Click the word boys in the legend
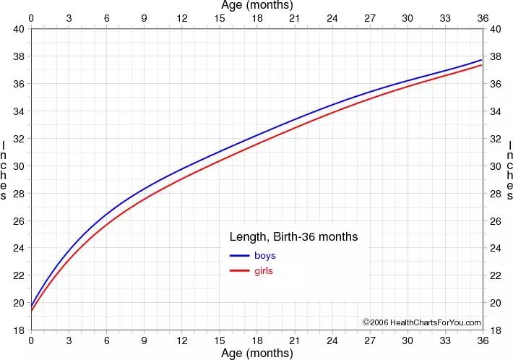pos(264,256)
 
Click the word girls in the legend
pos(264,271)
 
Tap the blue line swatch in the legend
pos(238,256)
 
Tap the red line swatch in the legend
pos(238,271)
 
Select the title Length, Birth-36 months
pos(293,236)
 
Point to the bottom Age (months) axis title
pos(256,353)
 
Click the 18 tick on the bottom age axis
pos(256,340)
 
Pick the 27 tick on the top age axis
pos(369,18)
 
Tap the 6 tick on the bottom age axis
pos(106,340)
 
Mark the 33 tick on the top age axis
pos(444,18)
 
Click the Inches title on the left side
pos(6,171)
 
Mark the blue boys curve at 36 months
pos(482,60)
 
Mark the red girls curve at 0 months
pos(31,311)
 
